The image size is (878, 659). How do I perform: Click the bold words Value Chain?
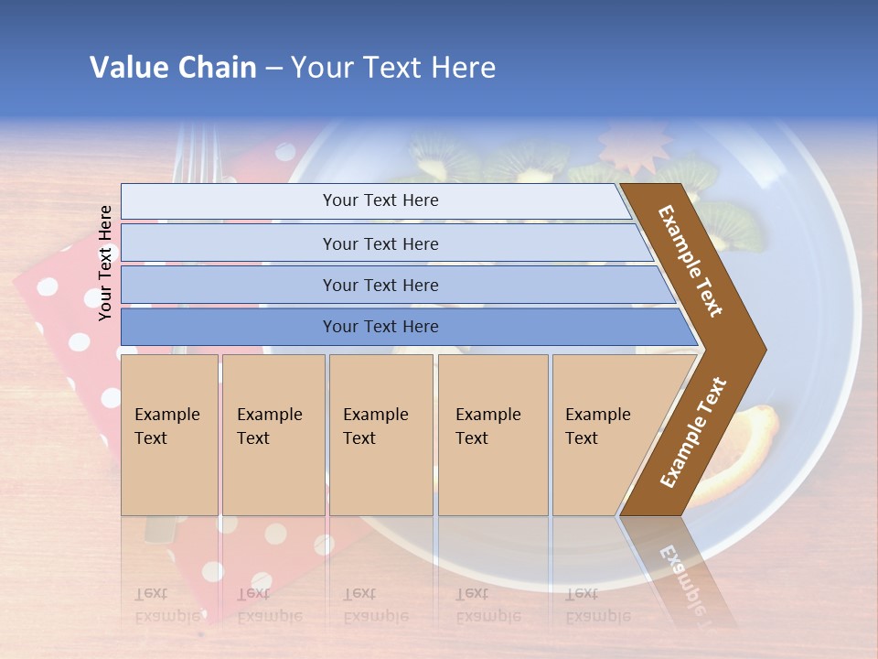(x=173, y=68)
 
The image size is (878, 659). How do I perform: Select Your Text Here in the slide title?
(x=393, y=68)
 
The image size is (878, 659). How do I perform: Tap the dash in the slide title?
(x=273, y=69)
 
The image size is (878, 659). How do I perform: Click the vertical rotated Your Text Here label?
(x=105, y=263)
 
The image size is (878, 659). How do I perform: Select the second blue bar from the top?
(x=380, y=243)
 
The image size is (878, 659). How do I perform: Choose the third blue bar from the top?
(x=380, y=285)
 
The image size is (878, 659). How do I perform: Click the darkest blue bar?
(x=380, y=327)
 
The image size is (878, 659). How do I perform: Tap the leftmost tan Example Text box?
(x=169, y=434)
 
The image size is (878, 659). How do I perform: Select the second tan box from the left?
(x=273, y=434)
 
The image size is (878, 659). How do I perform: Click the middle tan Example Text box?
(x=380, y=434)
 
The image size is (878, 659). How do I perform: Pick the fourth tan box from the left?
(x=493, y=434)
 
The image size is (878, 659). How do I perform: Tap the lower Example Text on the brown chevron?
(x=693, y=434)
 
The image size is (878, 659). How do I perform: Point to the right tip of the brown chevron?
(x=764, y=349)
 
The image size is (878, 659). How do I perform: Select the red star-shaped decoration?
(x=629, y=148)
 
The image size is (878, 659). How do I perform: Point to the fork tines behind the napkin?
(x=190, y=151)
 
